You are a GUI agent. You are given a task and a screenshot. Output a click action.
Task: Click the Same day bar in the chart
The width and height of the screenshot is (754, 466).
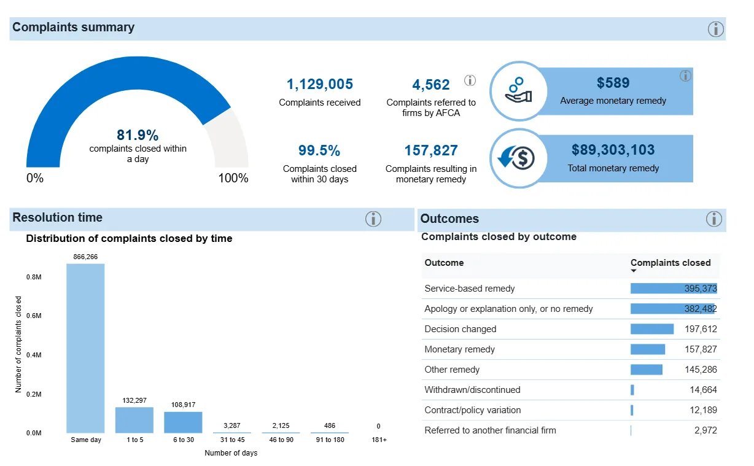(85, 348)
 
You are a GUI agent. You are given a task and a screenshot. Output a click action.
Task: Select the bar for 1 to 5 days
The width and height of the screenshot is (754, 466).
(134, 420)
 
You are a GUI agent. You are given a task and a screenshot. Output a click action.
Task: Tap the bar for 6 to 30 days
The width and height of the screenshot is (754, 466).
(182, 422)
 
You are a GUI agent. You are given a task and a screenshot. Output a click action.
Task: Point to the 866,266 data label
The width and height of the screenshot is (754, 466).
(85, 257)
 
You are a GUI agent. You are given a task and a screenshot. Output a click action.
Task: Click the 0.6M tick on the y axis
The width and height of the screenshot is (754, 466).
(34, 316)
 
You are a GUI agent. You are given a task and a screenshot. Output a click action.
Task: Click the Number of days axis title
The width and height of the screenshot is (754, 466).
(231, 453)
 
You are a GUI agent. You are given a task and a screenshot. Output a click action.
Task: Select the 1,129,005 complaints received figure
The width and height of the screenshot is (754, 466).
(320, 85)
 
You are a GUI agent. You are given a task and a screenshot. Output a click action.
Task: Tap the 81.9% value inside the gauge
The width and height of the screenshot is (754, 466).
(138, 135)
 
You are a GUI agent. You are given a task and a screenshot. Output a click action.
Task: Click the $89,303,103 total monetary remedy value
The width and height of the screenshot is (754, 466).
(613, 150)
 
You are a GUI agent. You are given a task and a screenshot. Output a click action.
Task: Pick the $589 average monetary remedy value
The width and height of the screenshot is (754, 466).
(613, 83)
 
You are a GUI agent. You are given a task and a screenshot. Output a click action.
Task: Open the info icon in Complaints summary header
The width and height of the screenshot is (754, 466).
(716, 29)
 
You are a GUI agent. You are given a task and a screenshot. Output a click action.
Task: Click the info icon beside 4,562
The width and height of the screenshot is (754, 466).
(470, 80)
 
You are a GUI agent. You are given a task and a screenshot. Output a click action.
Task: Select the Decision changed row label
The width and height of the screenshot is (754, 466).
(460, 329)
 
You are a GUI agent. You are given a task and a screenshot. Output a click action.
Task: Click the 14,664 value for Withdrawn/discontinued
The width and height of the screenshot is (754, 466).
(702, 390)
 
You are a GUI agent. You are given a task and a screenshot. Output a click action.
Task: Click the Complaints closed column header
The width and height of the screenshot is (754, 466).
(670, 263)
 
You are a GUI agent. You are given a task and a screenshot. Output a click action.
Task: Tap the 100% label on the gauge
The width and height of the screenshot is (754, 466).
(233, 179)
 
